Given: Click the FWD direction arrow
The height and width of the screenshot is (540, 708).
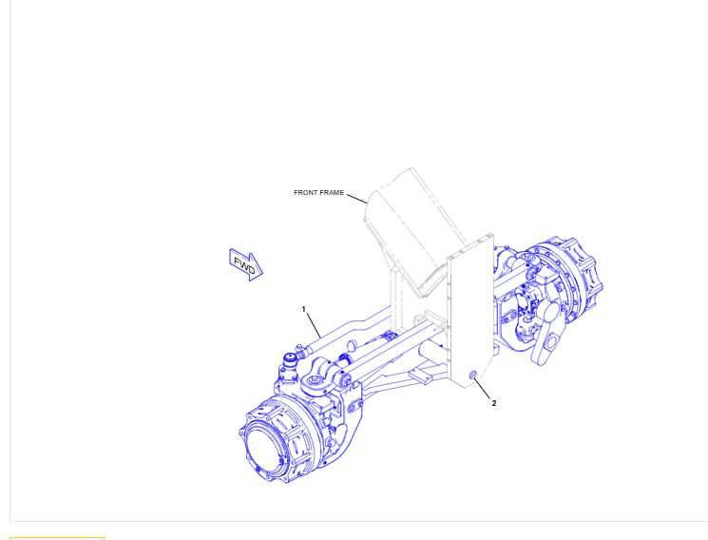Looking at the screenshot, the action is point(245,265).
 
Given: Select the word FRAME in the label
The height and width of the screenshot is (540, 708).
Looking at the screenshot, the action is point(332,192).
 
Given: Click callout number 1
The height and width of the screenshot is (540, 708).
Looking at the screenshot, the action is point(303,309).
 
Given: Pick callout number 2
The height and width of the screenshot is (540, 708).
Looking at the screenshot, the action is point(494,403).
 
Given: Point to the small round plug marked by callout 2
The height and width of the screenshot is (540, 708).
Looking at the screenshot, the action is point(473,375).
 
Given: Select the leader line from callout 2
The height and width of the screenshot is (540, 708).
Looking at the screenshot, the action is point(482,389).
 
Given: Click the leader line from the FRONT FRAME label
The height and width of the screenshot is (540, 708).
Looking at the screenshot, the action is point(357,200).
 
